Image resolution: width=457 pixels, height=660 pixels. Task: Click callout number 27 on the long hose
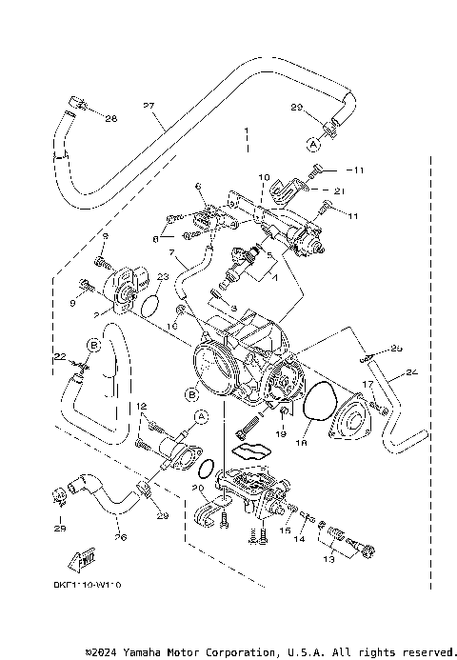click(148, 105)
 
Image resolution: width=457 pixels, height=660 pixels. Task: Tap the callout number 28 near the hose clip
click(110, 119)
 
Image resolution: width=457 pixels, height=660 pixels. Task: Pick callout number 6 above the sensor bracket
click(197, 186)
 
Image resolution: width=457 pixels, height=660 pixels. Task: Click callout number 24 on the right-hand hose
click(411, 372)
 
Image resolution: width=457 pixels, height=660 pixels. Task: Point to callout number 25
click(397, 348)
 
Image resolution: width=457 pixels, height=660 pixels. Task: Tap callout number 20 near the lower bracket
click(198, 487)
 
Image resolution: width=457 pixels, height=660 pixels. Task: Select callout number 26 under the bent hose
click(119, 535)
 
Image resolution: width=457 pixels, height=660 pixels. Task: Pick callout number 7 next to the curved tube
click(171, 253)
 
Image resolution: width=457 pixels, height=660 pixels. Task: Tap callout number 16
click(173, 325)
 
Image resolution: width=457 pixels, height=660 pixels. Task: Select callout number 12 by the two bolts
click(141, 407)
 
